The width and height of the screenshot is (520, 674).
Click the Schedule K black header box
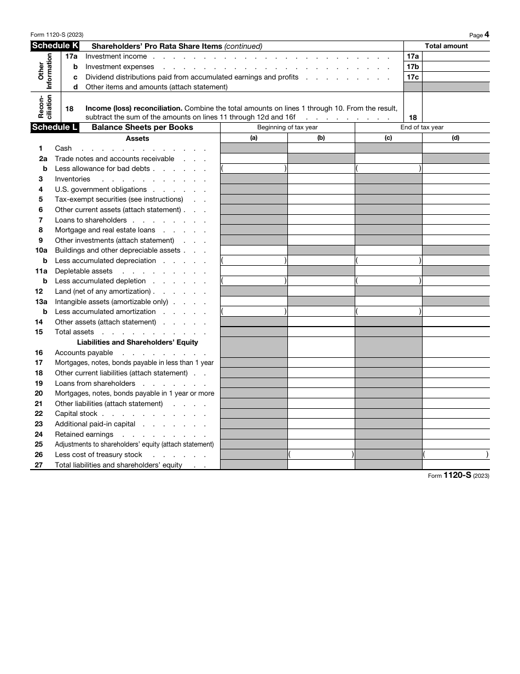(x=55, y=46)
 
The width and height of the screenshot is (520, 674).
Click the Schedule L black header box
(x=55, y=127)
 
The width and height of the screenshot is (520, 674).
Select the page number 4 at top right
(x=487, y=35)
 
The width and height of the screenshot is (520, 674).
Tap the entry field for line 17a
(x=455, y=56)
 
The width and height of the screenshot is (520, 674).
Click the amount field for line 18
(x=455, y=112)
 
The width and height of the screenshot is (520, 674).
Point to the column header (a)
(x=253, y=138)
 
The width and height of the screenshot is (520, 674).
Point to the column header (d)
(x=455, y=138)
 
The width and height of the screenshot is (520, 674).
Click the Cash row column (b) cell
(x=321, y=148)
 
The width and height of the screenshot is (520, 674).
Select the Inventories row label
(x=72, y=179)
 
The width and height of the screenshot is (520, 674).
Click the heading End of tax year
(x=421, y=127)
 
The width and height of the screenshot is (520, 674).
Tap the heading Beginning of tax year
(x=287, y=127)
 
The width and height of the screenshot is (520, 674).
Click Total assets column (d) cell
(x=455, y=332)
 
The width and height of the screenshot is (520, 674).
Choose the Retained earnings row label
(x=84, y=435)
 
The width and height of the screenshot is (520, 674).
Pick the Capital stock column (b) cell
(x=321, y=414)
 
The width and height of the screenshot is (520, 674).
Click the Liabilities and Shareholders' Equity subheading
(x=137, y=342)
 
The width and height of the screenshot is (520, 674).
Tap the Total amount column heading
(x=447, y=46)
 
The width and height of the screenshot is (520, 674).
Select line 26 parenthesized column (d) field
(x=455, y=455)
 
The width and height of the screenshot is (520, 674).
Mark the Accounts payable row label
(x=84, y=353)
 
